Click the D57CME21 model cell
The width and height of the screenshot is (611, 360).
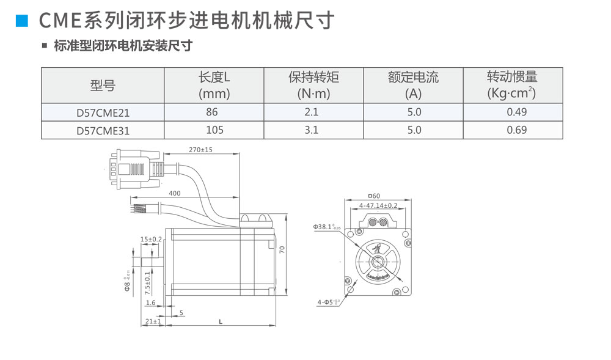103,112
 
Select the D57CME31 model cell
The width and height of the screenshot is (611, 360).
103,130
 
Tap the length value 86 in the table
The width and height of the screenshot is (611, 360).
212,112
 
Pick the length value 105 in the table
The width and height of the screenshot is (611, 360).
214,130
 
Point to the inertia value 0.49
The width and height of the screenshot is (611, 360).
516,112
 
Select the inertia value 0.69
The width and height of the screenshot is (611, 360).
516,130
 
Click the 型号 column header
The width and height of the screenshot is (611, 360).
103,86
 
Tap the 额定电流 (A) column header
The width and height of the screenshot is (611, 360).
413,85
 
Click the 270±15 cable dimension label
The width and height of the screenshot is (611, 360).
200,150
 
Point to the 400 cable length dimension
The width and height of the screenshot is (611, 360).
175,193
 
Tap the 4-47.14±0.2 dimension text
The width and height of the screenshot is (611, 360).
378,205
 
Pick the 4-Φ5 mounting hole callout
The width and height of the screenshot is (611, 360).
328,302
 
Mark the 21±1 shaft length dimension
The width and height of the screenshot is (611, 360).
153,321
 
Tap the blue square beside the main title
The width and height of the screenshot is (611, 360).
23,21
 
